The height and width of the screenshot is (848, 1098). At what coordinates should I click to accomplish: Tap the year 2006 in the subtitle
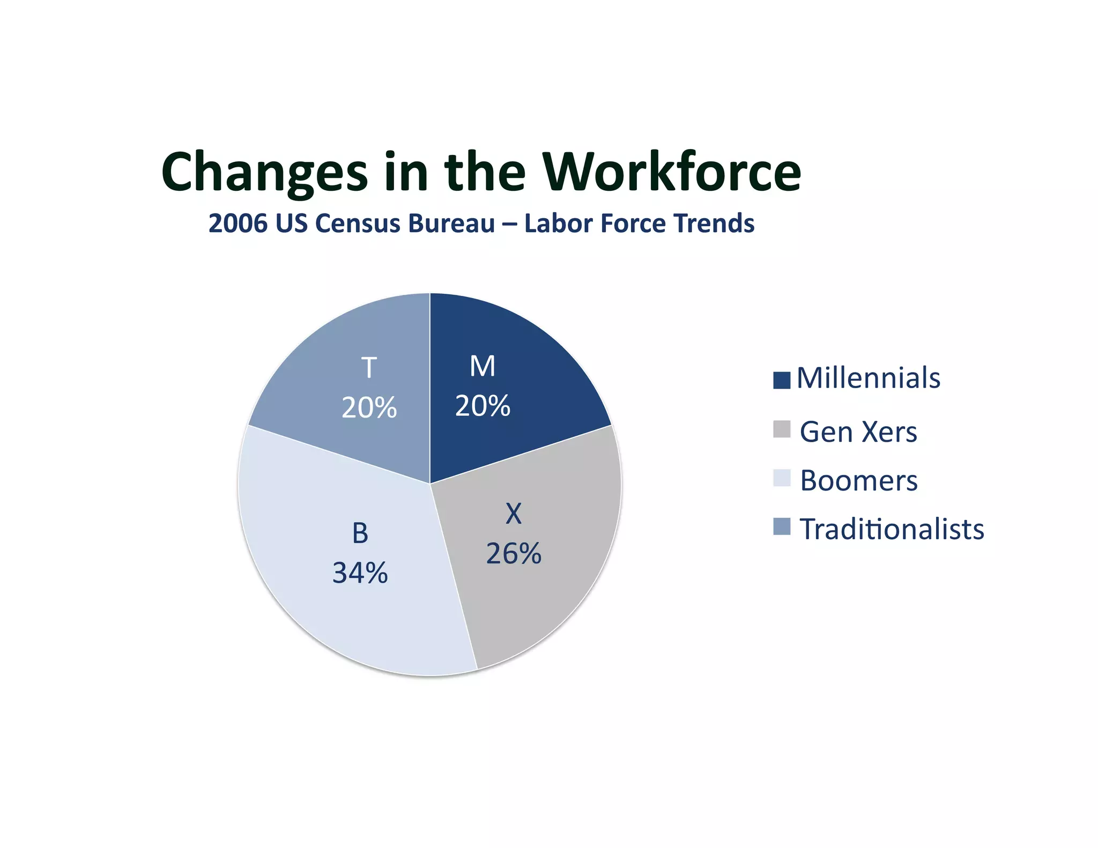[x=238, y=223]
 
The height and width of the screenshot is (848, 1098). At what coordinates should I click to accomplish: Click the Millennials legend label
[x=868, y=378]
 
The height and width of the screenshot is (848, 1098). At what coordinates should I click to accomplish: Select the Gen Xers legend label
[x=858, y=432]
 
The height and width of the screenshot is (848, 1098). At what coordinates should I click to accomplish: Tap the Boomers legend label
[x=858, y=480]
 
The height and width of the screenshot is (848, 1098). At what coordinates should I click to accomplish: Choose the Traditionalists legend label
[x=892, y=529]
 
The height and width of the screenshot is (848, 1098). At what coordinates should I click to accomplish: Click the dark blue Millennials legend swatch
[x=782, y=380]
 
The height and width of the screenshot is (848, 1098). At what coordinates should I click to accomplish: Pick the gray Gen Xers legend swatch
[x=782, y=429]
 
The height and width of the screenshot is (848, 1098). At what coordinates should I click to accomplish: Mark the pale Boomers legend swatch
[x=782, y=478]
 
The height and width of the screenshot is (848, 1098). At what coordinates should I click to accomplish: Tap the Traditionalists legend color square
[x=782, y=526]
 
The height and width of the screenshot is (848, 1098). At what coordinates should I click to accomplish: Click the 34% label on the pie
[x=360, y=573]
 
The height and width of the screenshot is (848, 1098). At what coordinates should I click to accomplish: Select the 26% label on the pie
[x=514, y=554]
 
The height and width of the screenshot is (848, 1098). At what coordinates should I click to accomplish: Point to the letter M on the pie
[x=482, y=367]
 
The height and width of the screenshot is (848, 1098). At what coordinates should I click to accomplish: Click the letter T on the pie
[x=369, y=368]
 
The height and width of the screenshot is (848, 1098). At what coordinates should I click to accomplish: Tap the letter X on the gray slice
[x=514, y=514]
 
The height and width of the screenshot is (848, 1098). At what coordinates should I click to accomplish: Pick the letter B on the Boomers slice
[x=360, y=533]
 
